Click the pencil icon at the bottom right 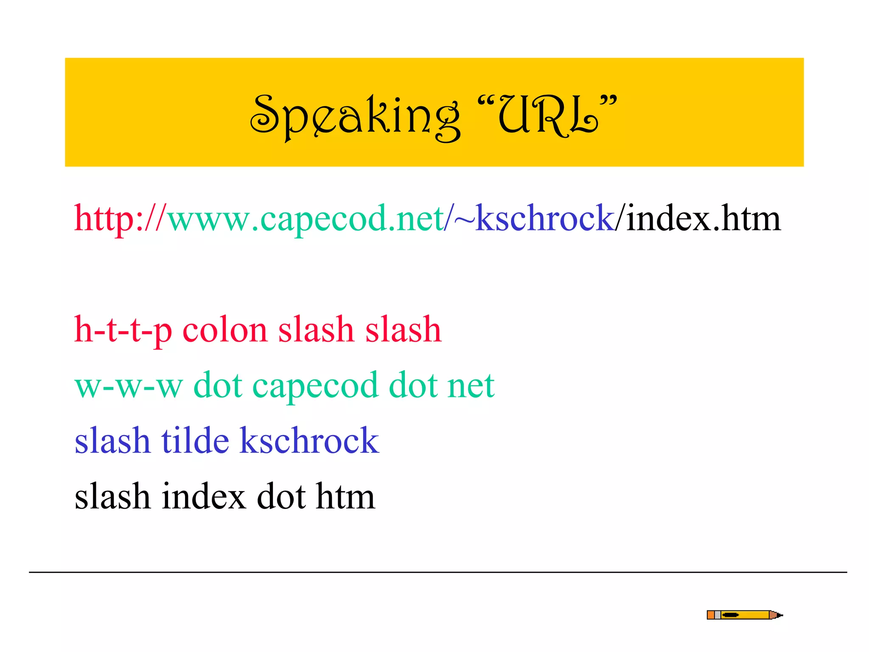coord(744,615)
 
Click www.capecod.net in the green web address coord(306,219)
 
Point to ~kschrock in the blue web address coord(535,218)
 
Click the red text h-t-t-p coord(123,330)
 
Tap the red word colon coord(225,330)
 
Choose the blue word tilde coord(195,441)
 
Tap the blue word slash coord(112,441)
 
